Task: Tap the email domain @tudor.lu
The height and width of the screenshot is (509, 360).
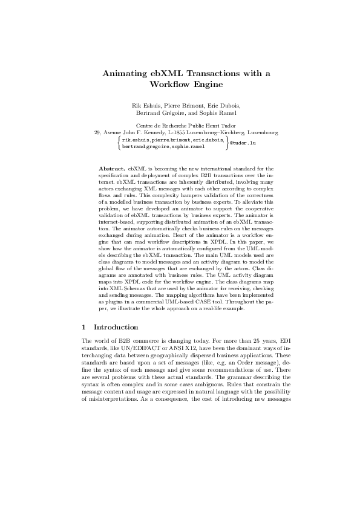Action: tap(243, 143)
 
